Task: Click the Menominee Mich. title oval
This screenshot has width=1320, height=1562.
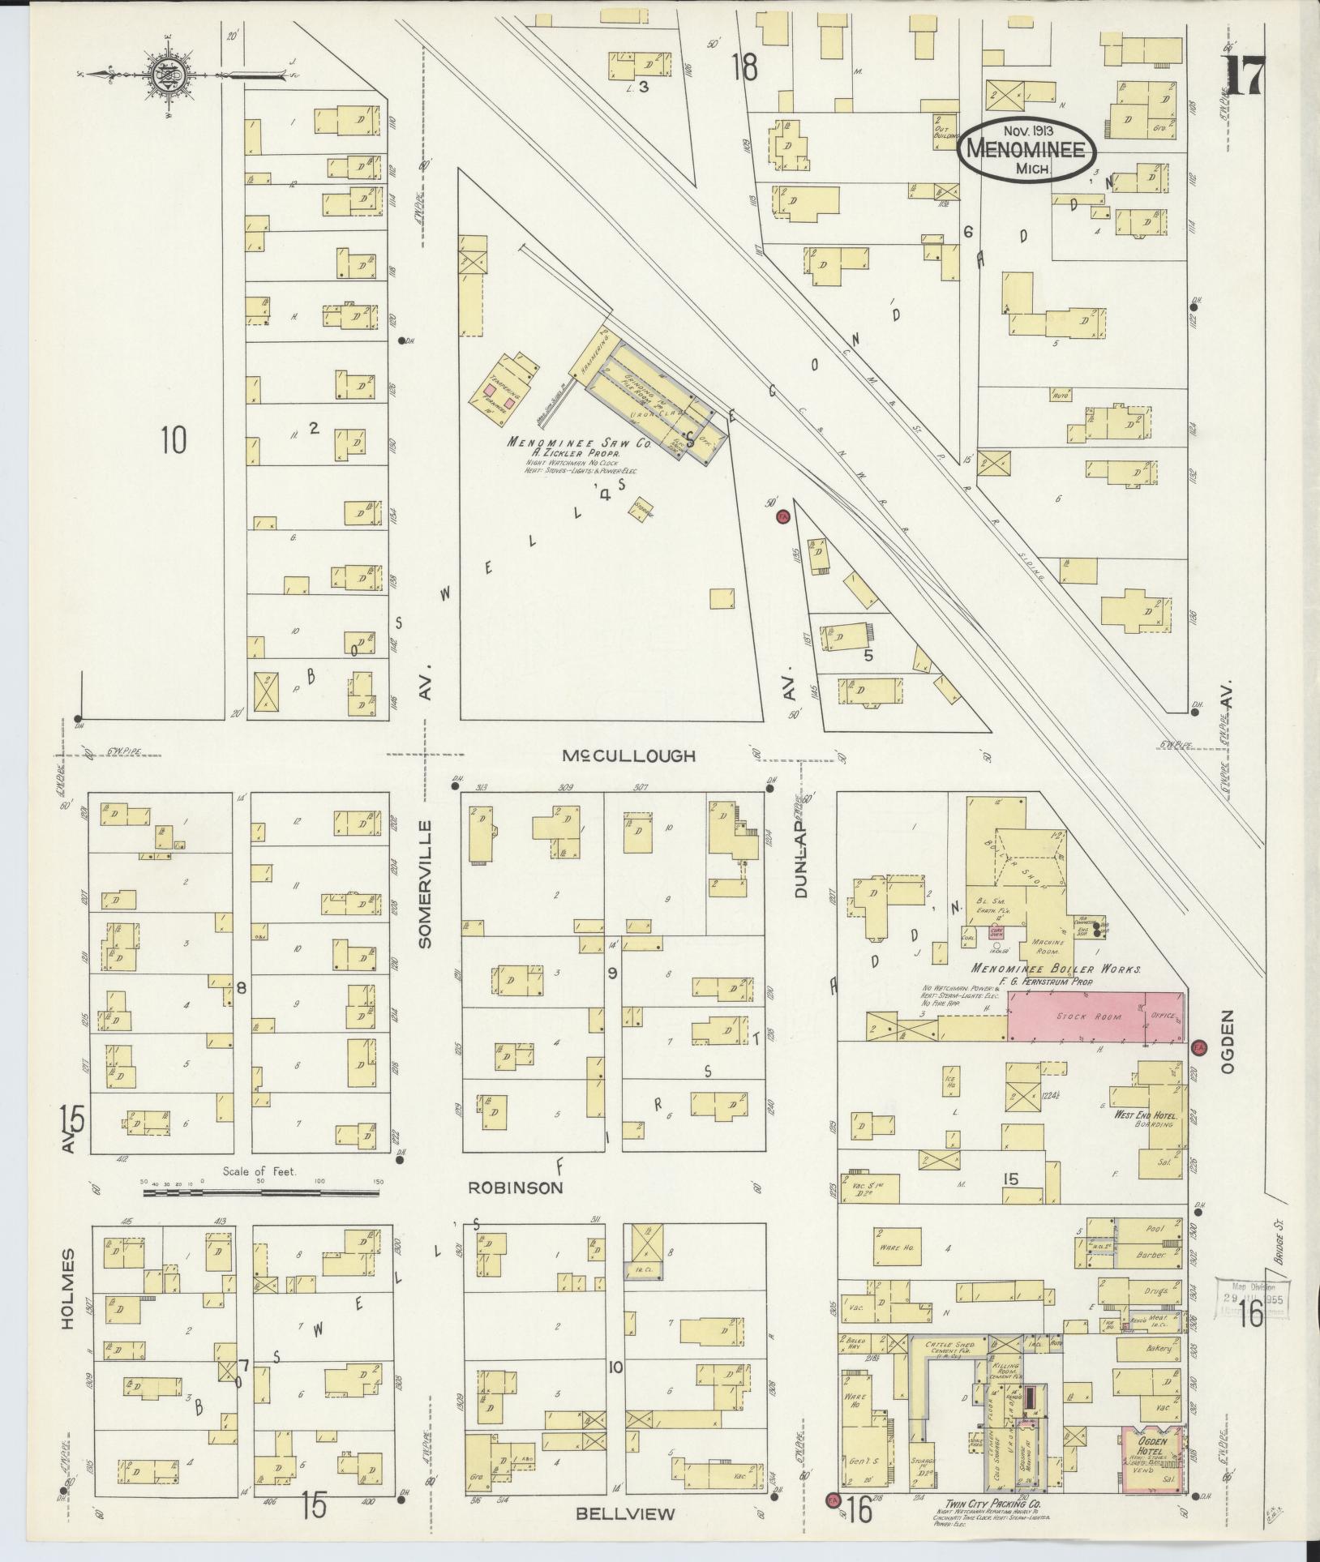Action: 1026,151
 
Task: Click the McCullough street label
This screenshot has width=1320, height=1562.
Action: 629,755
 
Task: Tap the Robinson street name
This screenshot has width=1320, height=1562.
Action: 516,1188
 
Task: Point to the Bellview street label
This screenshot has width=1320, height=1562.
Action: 625,1513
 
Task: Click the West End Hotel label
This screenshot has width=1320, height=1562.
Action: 1144,1116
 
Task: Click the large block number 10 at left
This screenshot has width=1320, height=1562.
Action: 173,440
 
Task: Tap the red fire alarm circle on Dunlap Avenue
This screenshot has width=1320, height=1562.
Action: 782,517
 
